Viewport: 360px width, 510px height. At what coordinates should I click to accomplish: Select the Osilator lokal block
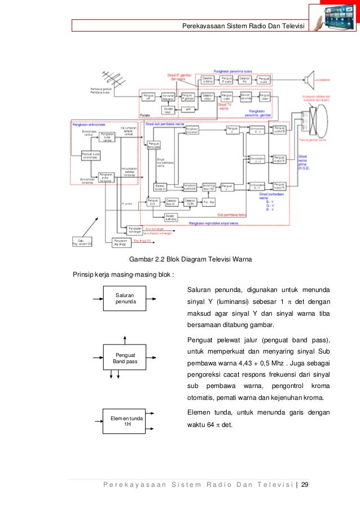click(x=168, y=109)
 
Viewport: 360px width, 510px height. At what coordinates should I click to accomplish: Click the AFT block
click(x=188, y=109)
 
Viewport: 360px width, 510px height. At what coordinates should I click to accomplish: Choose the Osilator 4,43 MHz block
click(x=170, y=216)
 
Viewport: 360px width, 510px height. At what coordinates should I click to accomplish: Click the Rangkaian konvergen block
click(x=134, y=229)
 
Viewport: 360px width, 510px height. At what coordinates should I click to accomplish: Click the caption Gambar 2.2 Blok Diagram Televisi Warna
click(x=191, y=260)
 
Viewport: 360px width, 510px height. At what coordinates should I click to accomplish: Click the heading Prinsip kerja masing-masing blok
click(x=124, y=275)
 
